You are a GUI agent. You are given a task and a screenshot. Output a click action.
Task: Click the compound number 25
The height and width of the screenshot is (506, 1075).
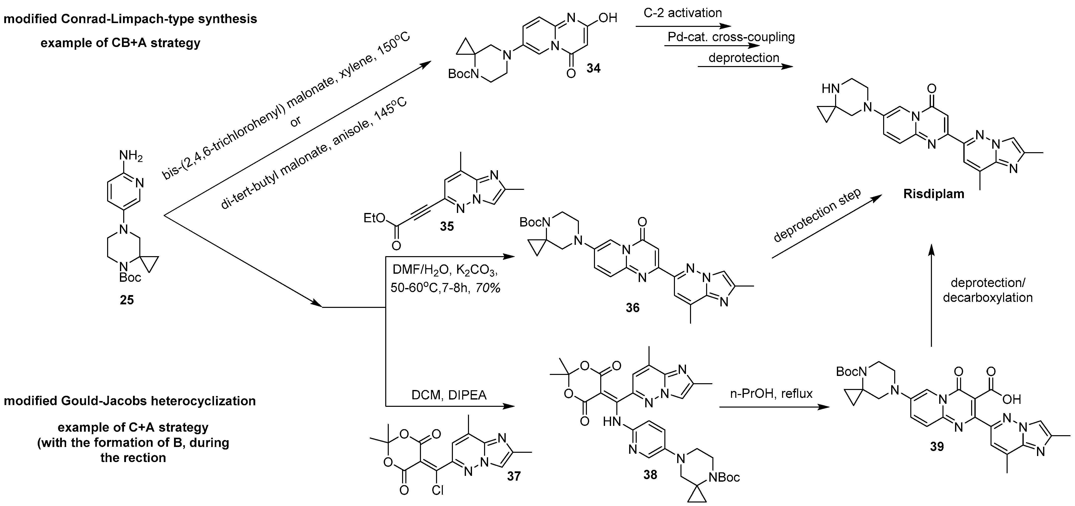127,300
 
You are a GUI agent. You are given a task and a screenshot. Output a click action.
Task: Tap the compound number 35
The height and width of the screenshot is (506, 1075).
447,226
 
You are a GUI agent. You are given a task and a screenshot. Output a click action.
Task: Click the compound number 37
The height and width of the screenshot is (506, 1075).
514,476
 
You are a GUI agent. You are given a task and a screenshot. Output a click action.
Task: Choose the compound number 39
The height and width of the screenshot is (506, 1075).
937,446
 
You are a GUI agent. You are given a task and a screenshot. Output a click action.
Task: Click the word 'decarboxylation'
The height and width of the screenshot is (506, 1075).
987,298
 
